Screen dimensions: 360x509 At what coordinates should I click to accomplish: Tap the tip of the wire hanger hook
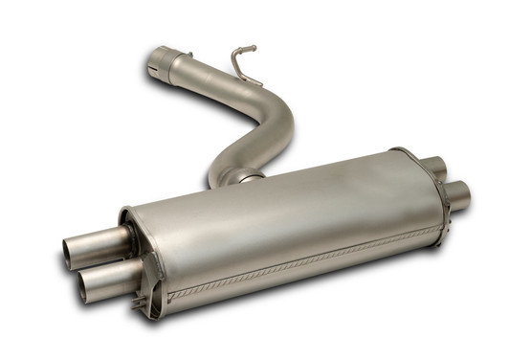click(254, 47)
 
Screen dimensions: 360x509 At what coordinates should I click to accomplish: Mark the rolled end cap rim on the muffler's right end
click(421, 191)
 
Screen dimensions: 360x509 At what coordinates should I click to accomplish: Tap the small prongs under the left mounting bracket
click(144, 306)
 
